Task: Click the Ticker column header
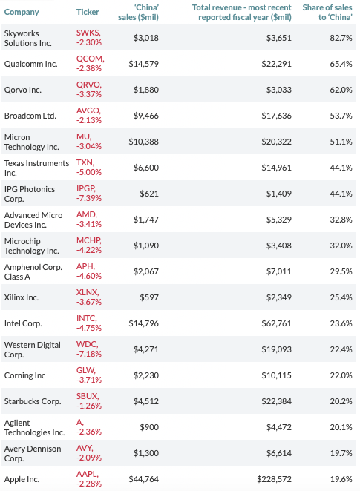88,12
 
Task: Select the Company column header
22,12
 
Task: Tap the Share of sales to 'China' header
327,12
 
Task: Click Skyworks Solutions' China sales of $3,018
146,38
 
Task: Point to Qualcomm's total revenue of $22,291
276,64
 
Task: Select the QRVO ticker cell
89,90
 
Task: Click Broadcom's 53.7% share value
341,116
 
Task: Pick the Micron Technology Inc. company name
32,142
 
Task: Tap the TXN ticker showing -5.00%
89,168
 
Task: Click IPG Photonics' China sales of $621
149,194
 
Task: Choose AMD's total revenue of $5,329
279,220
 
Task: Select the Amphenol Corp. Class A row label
33,271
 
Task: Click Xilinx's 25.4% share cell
341,298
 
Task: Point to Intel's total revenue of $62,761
276,324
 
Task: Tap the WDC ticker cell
89,349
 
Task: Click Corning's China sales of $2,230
146,376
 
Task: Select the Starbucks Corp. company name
33,402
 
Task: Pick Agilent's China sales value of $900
149,428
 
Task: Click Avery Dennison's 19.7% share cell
341,454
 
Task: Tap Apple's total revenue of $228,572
274,480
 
